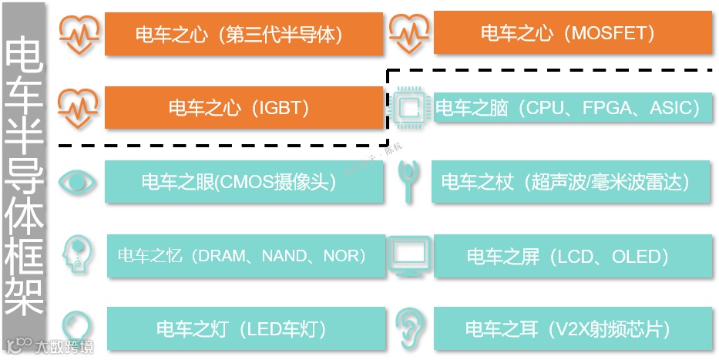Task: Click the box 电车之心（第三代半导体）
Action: [244, 34]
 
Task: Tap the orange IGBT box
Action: [244, 107]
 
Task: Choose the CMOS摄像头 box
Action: [244, 182]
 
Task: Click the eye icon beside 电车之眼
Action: [78, 183]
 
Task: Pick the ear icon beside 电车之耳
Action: [409, 329]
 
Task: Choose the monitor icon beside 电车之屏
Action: [408, 256]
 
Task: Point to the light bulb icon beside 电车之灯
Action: [77, 328]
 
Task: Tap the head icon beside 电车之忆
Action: [78, 254]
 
